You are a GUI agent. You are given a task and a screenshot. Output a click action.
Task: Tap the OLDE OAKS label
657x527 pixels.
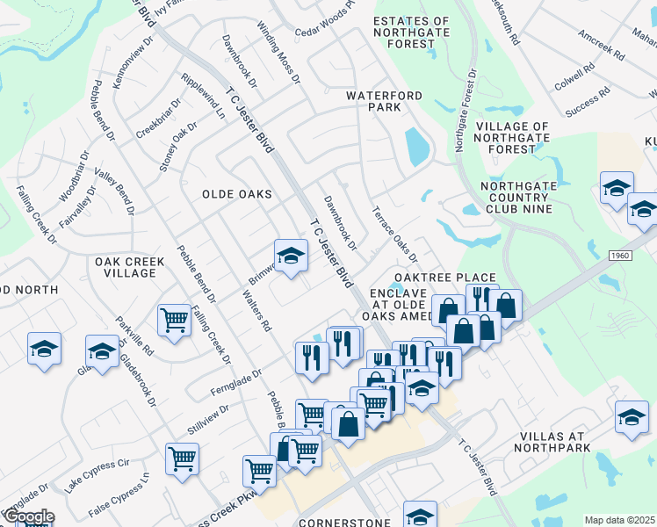click(237, 193)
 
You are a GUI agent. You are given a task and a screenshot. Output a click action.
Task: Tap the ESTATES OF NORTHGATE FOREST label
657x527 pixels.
click(411, 32)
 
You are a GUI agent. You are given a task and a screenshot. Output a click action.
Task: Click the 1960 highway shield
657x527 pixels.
click(621, 255)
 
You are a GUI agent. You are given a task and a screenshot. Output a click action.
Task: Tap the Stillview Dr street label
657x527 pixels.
click(207, 420)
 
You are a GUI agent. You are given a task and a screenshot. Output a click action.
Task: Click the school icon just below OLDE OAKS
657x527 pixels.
click(291, 256)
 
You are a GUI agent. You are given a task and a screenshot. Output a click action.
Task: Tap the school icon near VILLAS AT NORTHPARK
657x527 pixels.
click(632, 418)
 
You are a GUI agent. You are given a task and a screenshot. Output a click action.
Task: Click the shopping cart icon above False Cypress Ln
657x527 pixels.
click(182, 457)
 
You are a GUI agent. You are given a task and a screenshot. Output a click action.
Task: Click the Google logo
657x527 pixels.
click(28, 517)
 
